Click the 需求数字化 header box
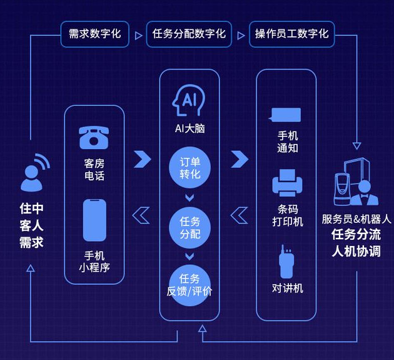[95, 34]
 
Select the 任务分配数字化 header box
[189, 34]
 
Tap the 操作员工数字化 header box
[291, 34]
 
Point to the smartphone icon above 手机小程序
[94, 220]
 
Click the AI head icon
[189, 100]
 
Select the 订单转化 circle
[189, 167]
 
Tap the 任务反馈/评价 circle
[189, 285]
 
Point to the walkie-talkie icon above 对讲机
[287, 262]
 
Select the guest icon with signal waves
[34, 172]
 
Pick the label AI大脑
[189, 129]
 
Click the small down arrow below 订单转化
[189, 198]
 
